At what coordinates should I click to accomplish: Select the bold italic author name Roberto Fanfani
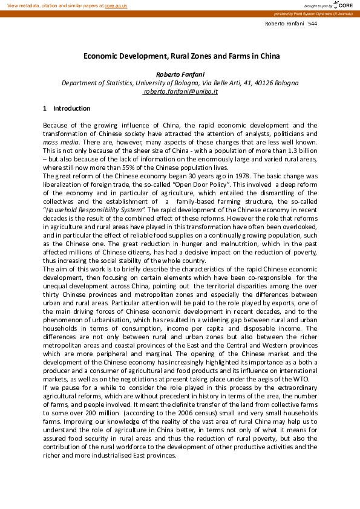pos(180,74)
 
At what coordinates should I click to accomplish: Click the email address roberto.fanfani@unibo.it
pos(180,91)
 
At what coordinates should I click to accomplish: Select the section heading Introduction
pos(72,108)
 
